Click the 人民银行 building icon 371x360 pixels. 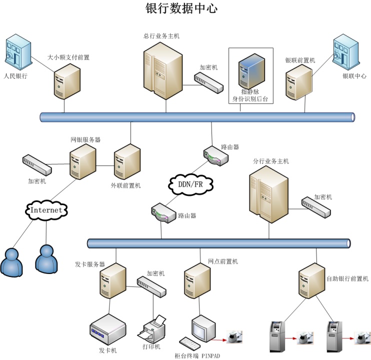point(17,52)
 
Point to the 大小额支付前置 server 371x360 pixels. point(67,82)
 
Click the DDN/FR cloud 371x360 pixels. point(190,184)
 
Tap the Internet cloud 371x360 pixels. point(46,210)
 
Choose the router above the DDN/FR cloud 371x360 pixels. point(216,155)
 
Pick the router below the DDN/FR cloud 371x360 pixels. point(163,213)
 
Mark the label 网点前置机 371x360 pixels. point(223,261)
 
